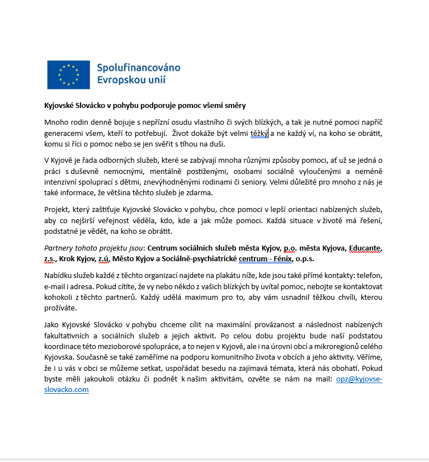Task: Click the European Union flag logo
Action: click(x=68, y=74)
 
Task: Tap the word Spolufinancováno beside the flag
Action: click(x=139, y=68)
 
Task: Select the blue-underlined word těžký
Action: click(x=260, y=133)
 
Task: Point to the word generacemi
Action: click(x=63, y=133)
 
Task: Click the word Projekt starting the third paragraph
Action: click(x=56, y=210)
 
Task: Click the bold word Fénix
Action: click(x=281, y=258)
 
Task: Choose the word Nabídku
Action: click(x=59, y=275)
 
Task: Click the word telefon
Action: click(x=369, y=275)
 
